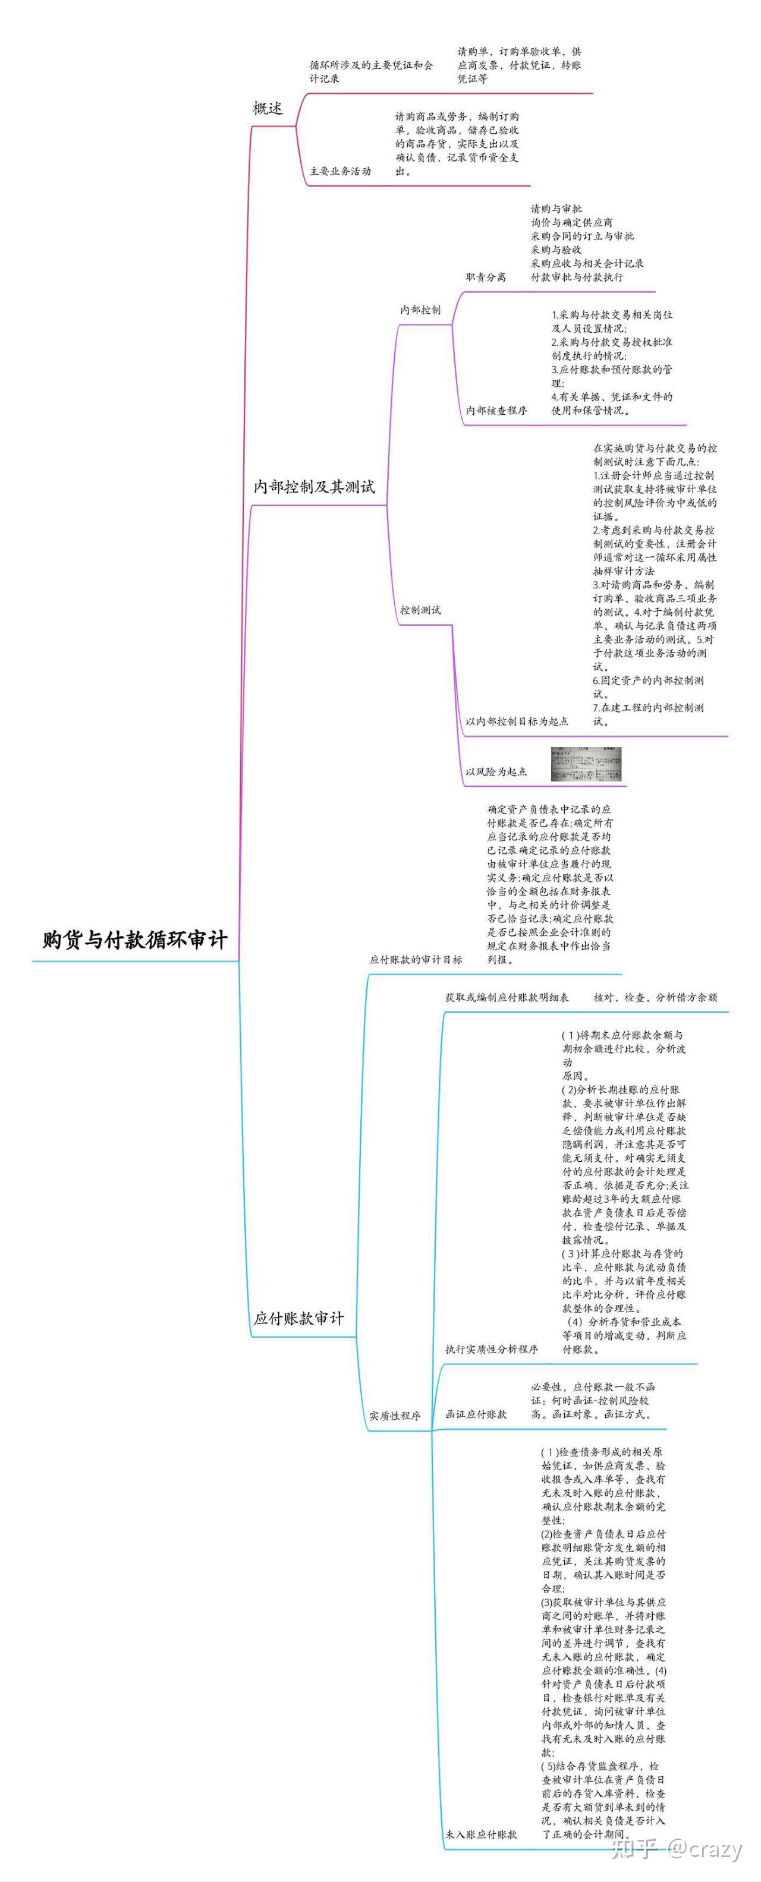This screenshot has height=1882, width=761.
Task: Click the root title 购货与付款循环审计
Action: [135, 940]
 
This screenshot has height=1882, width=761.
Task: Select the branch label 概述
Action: [268, 109]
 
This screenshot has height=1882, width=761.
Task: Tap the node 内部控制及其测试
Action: [313, 487]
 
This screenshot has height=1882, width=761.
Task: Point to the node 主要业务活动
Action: [340, 171]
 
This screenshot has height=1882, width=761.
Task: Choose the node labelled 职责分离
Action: [485, 277]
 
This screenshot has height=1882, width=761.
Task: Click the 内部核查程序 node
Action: [496, 411]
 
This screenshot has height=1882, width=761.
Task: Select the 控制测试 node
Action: [420, 610]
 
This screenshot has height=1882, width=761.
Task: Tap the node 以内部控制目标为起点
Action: [517, 721]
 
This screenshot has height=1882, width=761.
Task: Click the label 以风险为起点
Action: [496, 771]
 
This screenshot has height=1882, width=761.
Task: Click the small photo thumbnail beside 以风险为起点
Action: [586, 764]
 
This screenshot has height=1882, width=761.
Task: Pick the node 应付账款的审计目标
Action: [416, 959]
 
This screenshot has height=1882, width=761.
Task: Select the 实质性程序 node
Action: [395, 1415]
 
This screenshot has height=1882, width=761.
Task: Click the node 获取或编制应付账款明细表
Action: [507, 997]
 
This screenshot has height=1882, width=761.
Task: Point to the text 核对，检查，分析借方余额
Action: [655, 997]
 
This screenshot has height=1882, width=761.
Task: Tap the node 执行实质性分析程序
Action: [491, 1349]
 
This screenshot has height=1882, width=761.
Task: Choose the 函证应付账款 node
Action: [476, 1414]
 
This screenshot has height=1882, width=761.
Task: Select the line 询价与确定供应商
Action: [572, 222]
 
